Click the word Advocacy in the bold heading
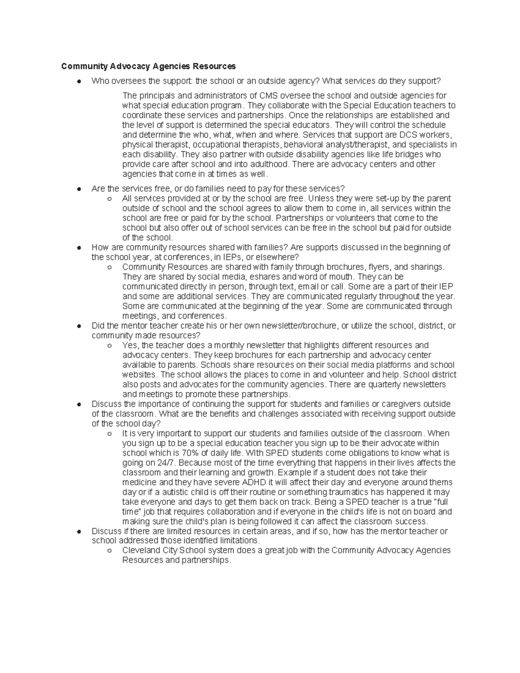click(129, 66)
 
